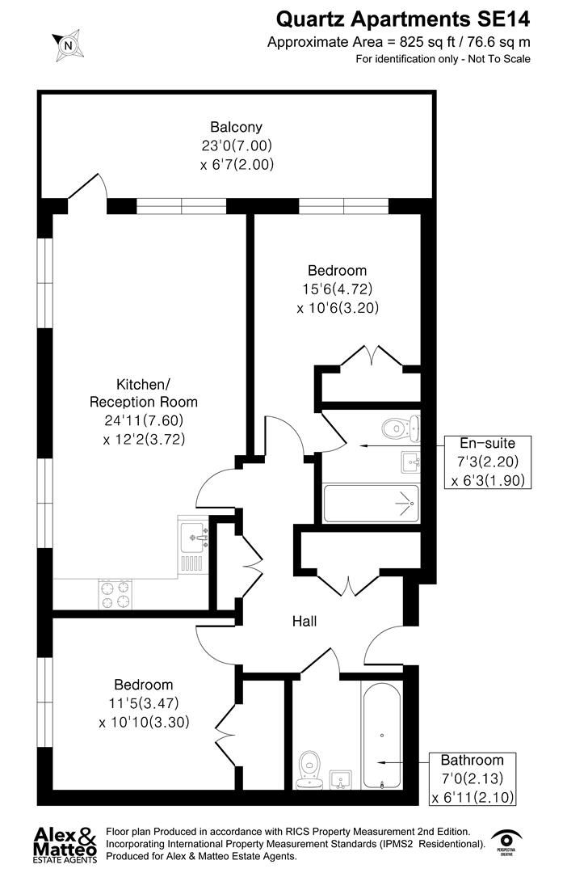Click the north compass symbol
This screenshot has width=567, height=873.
(x=69, y=46)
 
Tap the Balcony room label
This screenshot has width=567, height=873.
(x=236, y=127)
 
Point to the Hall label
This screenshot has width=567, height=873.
(x=304, y=621)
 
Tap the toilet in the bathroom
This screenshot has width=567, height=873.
(x=309, y=768)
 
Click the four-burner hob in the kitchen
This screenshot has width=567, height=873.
(x=115, y=594)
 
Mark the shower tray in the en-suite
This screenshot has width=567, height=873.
(x=371, y=503)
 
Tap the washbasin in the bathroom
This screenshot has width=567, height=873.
(x=342, y=780)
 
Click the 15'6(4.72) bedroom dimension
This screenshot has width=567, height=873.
(x=338, y=289)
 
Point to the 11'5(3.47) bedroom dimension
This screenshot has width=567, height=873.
(x=144, y=703)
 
